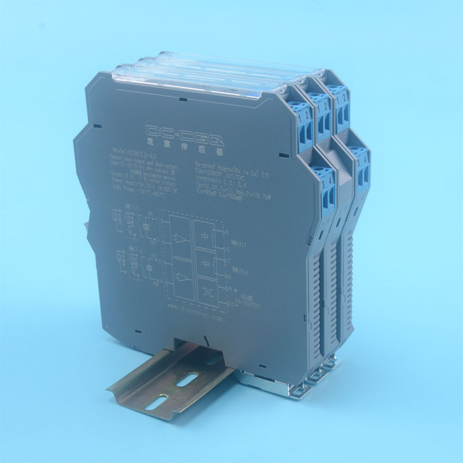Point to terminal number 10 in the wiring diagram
[229, 303]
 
